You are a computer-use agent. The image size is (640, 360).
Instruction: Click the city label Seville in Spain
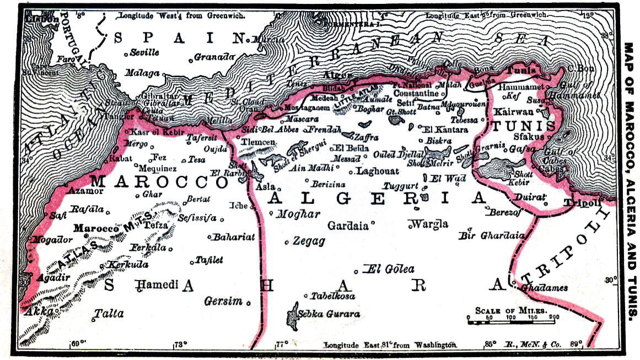[144, 52]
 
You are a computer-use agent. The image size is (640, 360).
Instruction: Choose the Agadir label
[53, 277]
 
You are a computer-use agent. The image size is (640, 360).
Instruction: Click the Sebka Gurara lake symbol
[291, 316]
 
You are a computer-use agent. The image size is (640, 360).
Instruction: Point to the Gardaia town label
[349, 225]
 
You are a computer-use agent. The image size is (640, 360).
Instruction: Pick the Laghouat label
[378, 171]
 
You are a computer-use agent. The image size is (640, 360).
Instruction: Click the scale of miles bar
[510, 320]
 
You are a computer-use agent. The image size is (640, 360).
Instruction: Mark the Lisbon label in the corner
[42, 19]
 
